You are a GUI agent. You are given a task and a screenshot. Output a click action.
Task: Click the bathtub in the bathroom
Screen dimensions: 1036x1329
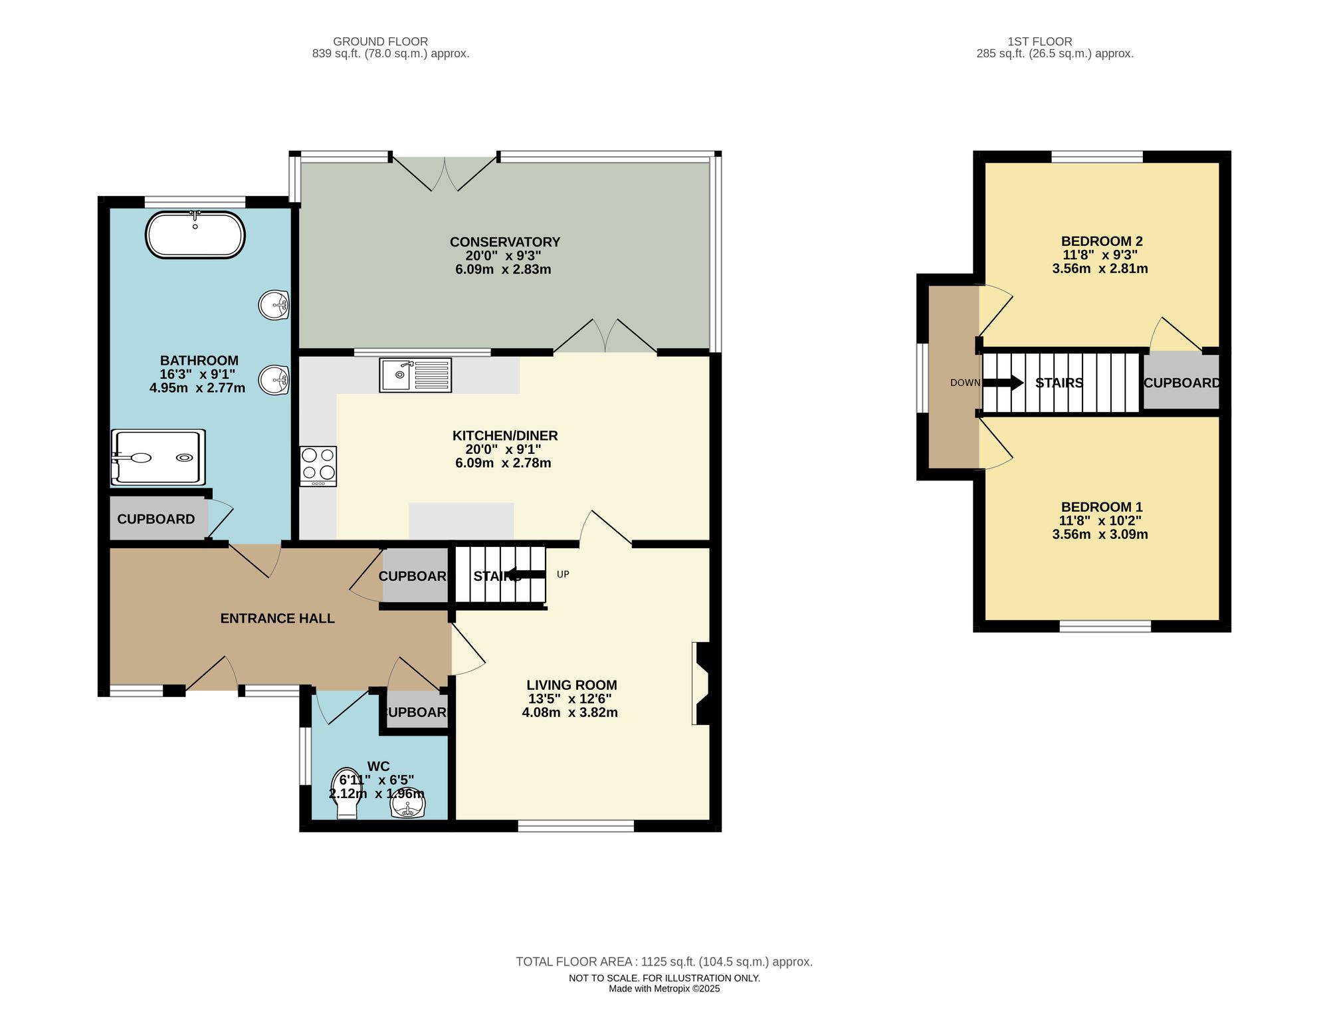(x=195, y=235)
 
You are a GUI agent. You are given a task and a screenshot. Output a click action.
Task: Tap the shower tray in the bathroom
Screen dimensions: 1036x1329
(x=158, y=457)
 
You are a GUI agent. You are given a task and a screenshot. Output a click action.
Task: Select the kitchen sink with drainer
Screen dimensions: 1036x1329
(x=415, y=375)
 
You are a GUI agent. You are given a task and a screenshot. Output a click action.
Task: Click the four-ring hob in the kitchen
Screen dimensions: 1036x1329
(x=318, y=464)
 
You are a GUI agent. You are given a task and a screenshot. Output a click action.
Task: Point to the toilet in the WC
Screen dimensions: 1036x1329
(x=346, y=795)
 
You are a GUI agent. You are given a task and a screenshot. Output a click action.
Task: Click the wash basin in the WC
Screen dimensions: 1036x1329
(x=407, y=806)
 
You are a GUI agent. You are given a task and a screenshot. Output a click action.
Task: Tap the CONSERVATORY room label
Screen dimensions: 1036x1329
(x=504, y=242)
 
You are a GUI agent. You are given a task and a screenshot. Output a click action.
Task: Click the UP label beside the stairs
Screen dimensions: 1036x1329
(x=563, y=574)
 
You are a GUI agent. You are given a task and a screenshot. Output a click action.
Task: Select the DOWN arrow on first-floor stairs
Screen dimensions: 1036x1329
(x=1003, y=383)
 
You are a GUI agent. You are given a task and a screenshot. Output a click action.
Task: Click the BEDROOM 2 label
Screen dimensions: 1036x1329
(x=1101, y=241)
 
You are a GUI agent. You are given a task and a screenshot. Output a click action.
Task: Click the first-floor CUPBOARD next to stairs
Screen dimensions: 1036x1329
(x=1181, y=383)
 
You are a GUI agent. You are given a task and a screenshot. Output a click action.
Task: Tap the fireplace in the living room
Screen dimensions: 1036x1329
(x=701, y=682)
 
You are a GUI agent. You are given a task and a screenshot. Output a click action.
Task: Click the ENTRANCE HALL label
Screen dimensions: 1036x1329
(x=277, y=618)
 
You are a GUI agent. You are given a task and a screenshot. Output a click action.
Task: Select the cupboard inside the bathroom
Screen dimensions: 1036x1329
(x=156, y=519)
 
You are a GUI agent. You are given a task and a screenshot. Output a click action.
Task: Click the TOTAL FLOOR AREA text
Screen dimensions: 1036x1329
(x=664, y=962)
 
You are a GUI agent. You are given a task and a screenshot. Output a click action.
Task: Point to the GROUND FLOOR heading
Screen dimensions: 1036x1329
(x=380, y=41)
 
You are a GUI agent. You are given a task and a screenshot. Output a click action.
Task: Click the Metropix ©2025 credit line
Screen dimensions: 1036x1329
(x=664, y=989)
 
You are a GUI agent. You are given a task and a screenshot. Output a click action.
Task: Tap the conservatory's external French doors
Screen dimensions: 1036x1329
(x=444, y=173)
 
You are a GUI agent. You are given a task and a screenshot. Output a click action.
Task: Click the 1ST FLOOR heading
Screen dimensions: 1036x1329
(x=1039, y=41)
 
